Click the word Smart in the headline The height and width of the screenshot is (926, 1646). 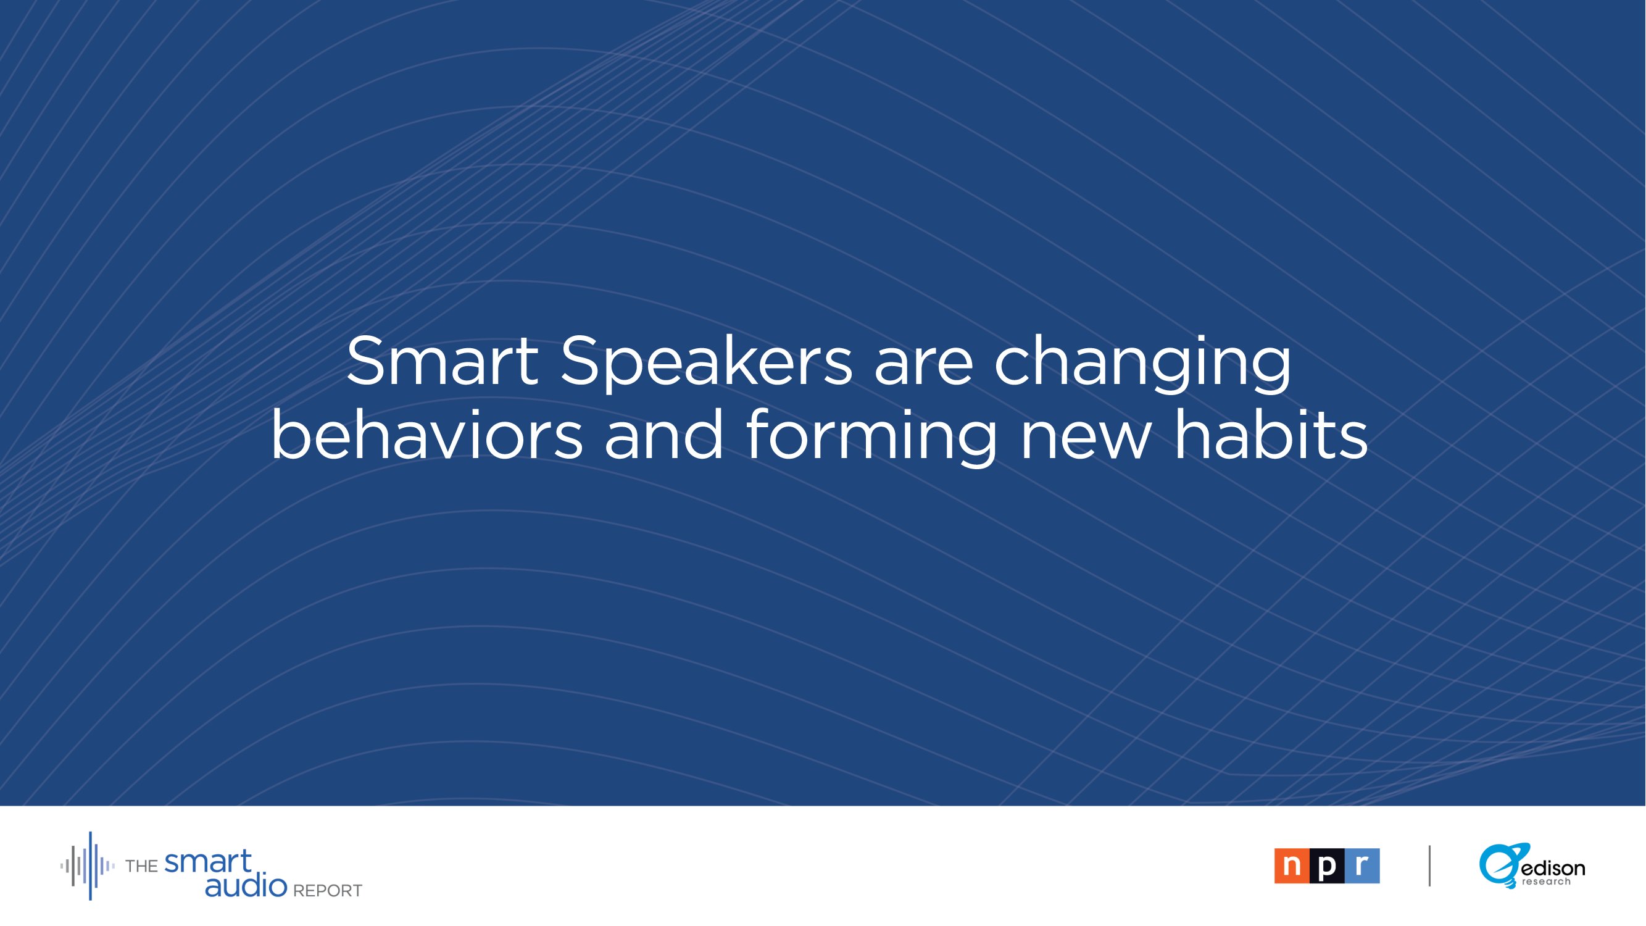[442, 361]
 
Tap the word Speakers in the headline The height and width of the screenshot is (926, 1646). [706, 364]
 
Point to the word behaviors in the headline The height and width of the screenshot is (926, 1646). [427, 435]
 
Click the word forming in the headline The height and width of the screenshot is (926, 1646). [871, 437]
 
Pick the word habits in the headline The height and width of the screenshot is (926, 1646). [1271, 435]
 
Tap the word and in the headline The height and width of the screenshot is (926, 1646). [664, 435]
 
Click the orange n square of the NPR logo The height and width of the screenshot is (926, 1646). [1292, 866]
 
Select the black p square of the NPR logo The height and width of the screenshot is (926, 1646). [1327, 866]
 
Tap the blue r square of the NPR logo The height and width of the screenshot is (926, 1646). [1362, 866]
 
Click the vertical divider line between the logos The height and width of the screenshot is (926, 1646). [1429, 866]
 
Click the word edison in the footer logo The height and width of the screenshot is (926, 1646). [1553, 868]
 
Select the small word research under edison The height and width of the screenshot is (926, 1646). [1546, 882]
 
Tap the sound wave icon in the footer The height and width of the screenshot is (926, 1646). [88, 866]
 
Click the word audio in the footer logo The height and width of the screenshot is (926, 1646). [246, 886]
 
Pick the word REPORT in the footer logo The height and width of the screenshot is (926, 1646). [327, 891]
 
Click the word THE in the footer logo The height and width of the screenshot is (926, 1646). [141, 867]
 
